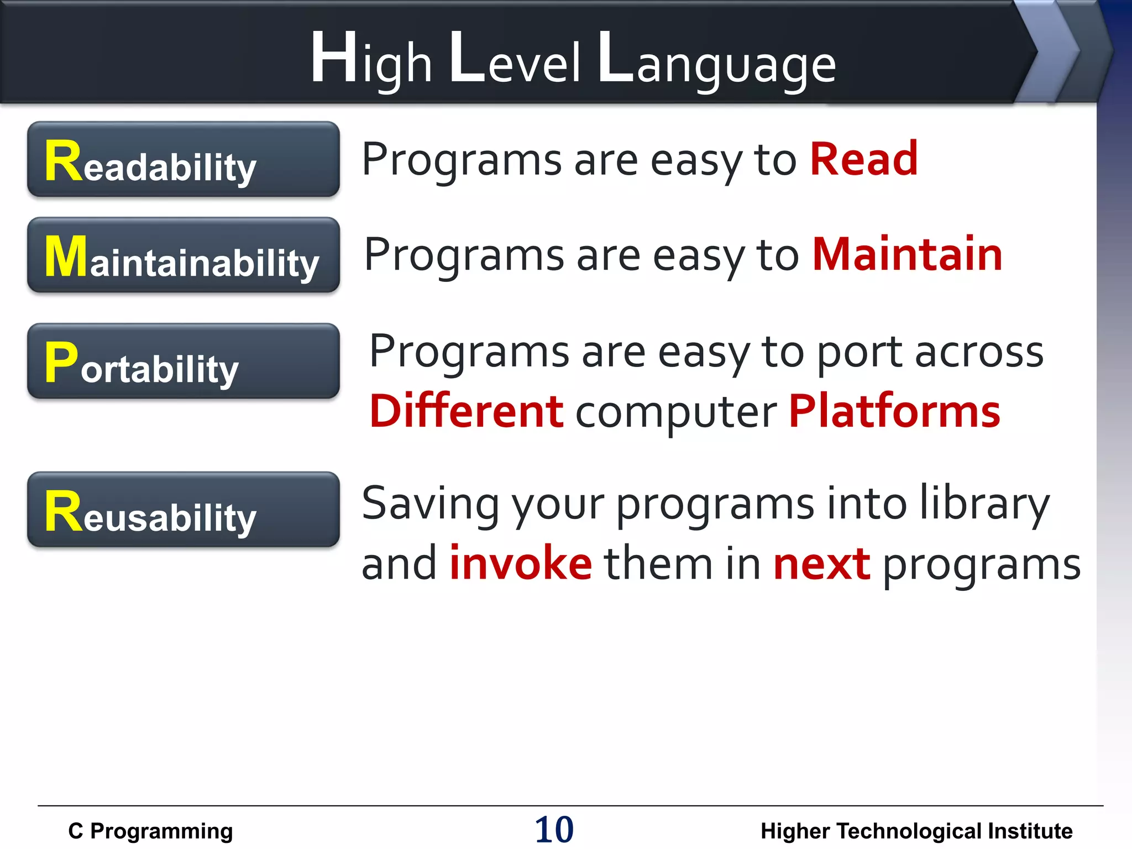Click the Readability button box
click(x=183, y=159)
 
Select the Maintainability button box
click(x=183, y=255)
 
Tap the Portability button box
click(x=183, y=361)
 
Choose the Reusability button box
click(x=183, y=509)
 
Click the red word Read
click(x=863, y=160)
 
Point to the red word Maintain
click(x=907, y=255)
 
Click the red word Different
click(x=466, y=412)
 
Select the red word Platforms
click(x=894, y=412)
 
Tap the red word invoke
click(x=520, y=564)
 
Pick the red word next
click(x=821, y=564)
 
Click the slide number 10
click(x=554, y=830)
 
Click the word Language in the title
click(x=716, y=61)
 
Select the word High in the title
click(x=370, y=61)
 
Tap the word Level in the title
click(x=515, y=61)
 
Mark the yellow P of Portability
click(x=61, y=362)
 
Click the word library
click(x=984, y=503)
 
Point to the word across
click(x=979, y=352)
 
